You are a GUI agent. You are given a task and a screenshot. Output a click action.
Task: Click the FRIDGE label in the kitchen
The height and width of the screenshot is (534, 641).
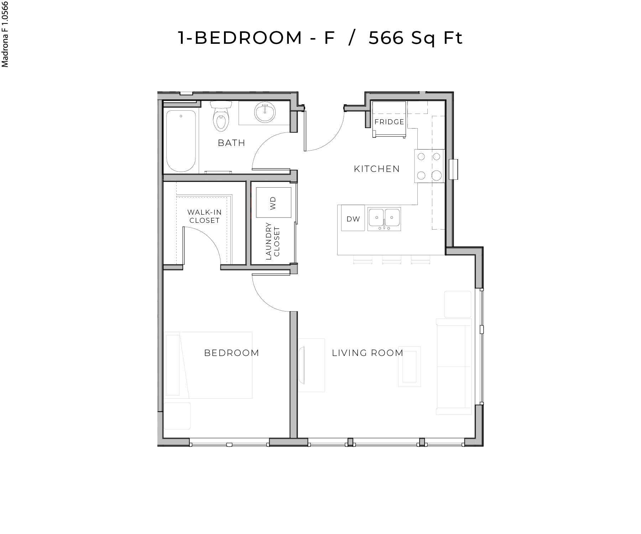tap(389, 122)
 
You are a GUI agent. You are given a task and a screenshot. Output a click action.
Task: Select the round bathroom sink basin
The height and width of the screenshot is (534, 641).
tap(265, 112)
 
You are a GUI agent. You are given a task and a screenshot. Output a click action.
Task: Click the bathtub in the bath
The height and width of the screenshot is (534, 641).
tap(181, 141)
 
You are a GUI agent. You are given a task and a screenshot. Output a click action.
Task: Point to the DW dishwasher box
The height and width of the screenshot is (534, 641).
tap(353, 219)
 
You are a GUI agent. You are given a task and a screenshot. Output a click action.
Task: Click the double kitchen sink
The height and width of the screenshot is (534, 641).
tap(384, 218)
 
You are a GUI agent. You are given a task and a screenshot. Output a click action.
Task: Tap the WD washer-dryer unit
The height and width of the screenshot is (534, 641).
tap(273, 203)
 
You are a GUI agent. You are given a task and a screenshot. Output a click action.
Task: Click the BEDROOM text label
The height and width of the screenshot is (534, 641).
tap(231, 353)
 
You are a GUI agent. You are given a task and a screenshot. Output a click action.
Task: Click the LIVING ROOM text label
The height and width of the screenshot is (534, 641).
tap(368, 353)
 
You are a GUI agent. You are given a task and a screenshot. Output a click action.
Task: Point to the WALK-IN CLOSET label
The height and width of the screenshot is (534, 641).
tap(204, 216)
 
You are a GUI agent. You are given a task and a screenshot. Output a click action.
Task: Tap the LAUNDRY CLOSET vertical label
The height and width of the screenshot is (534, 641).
tap(273, 241)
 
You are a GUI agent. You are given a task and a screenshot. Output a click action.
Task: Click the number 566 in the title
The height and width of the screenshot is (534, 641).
tap(386, 38)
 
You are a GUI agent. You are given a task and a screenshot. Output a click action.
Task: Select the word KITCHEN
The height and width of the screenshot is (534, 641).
tap(377, 169)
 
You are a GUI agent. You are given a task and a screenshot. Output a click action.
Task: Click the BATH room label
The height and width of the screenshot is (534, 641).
tap(231, 143)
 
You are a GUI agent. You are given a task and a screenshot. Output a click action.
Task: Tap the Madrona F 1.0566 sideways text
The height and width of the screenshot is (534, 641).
tap(5, 34)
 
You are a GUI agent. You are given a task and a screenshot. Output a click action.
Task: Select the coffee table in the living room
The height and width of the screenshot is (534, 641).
tap(410, 366)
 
